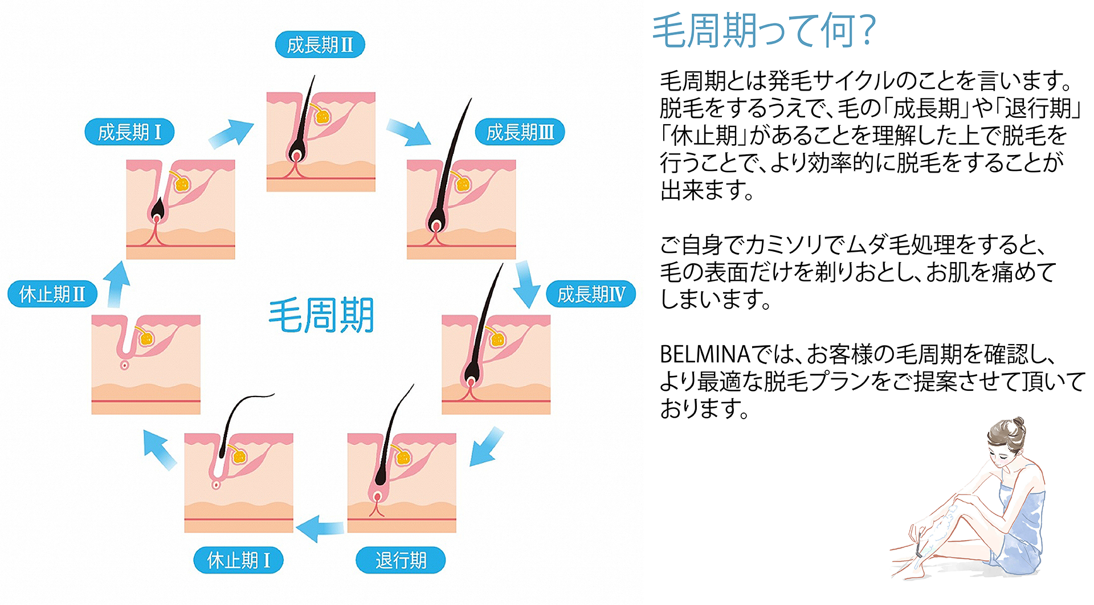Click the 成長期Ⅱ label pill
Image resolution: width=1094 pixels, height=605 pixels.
tap(320, 44)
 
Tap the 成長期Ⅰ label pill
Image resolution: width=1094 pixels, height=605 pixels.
tap(129, 132)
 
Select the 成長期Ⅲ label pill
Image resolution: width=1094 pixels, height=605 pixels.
tap(520, 132)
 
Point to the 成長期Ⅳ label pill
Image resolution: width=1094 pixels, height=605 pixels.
tap(591, 294)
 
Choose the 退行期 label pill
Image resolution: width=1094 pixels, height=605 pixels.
tap(401, 560)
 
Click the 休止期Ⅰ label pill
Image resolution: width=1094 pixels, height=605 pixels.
tap(238, 560)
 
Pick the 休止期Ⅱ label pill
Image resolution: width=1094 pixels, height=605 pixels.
tap(52, 294)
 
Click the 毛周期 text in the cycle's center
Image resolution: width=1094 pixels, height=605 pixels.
tap(321, 315)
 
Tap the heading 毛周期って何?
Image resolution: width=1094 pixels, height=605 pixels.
tap(764, 31)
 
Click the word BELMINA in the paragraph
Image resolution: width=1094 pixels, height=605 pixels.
tap(705, 354)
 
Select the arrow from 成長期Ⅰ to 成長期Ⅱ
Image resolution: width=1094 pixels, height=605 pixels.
tap(231, 134)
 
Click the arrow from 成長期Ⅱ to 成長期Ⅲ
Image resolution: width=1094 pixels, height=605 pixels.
tap(409, 132)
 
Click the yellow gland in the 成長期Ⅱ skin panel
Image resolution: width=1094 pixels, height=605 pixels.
tap(323, 117)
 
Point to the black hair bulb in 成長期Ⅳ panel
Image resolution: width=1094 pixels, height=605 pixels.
tap(471, 373)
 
